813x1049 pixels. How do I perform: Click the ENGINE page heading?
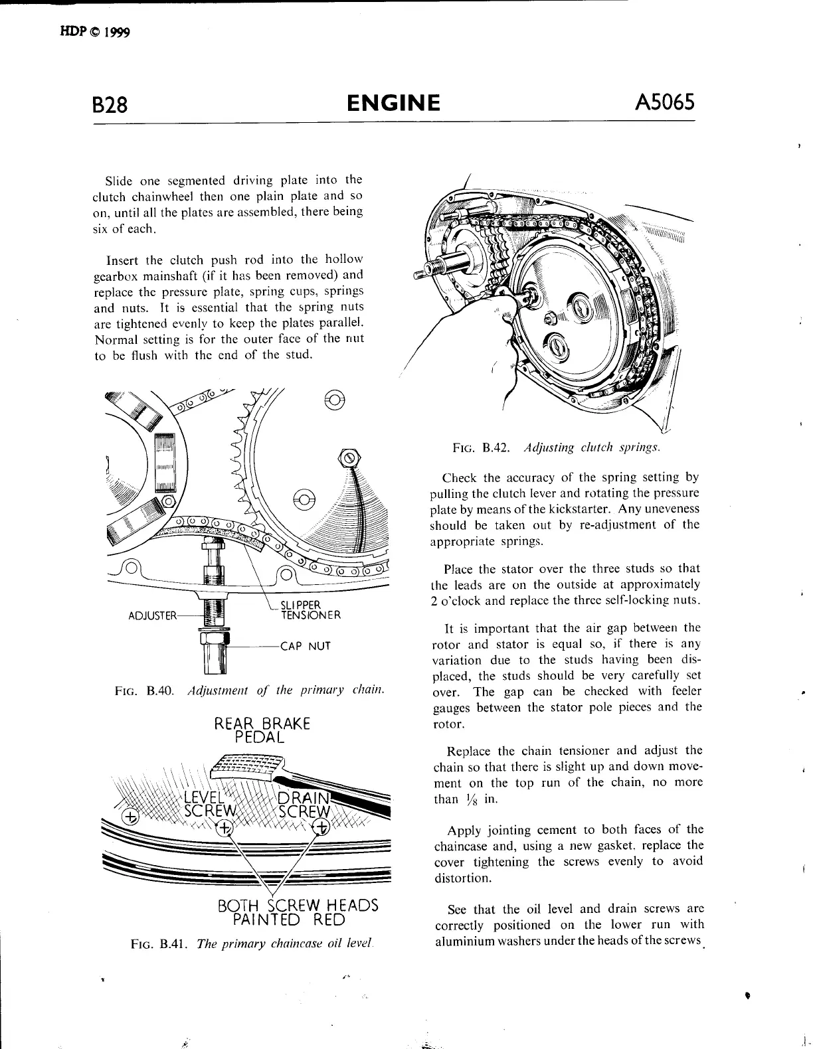(x=393, y=103)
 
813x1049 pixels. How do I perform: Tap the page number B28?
(x=110, y=105)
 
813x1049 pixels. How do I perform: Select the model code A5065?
(x=665, y=102)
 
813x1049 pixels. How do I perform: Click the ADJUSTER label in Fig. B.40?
(x=153, y=615)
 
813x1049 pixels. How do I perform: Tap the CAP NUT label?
(x=305, y=646)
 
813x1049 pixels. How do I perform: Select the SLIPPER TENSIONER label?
(x=310, y=609)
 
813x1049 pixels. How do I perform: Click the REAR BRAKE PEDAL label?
(x=262, y=730)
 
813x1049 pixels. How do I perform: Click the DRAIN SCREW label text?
(x=304, y=804)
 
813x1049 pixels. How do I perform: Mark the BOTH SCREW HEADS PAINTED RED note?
(x=298, y=912)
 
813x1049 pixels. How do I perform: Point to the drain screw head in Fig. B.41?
(x=321, y=827)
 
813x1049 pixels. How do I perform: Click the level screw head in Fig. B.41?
(x=225, y=827)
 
